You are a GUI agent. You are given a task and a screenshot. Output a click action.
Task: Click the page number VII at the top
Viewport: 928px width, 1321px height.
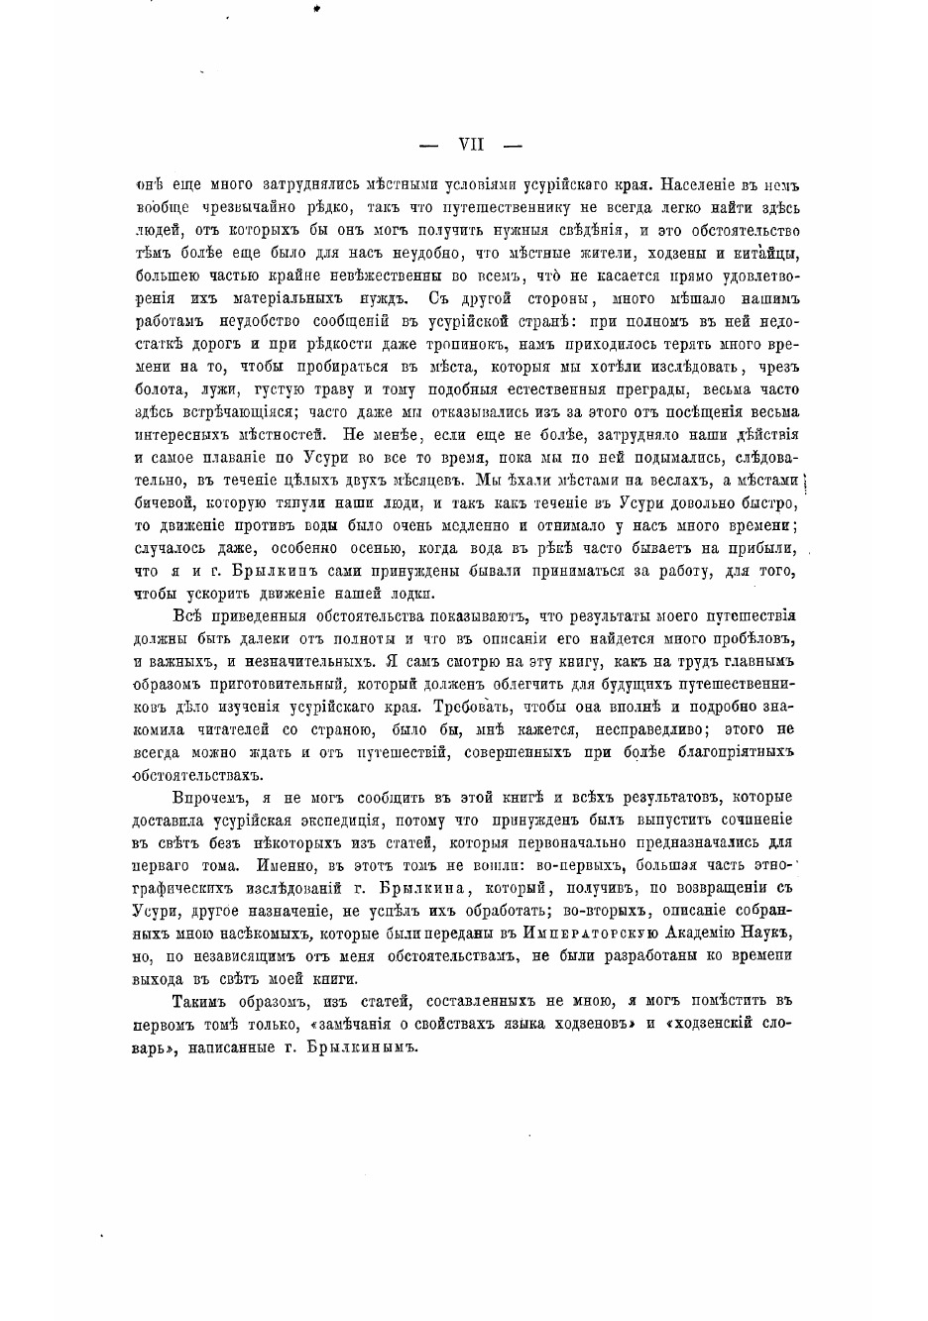[470, 145]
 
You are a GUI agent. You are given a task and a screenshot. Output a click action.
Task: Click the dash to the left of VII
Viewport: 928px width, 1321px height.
[429, 146]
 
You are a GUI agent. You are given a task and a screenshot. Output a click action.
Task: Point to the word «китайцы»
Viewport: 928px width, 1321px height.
[769, 254]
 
